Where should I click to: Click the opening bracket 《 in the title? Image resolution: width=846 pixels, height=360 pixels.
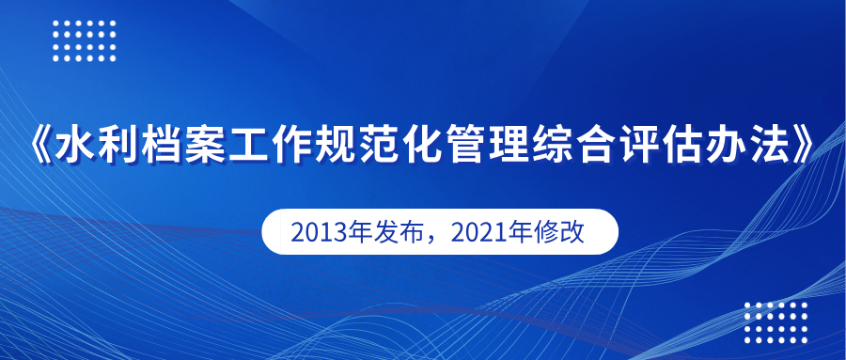click(x=41, y=144)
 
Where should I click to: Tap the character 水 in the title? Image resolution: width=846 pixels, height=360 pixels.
click(x=73, y=144)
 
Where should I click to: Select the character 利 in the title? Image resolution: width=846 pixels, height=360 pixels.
click(x=117, y=144)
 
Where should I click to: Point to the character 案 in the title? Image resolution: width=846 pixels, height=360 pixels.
click(x=204, y=144)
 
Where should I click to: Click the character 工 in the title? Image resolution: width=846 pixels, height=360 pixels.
click(x=247, y=144)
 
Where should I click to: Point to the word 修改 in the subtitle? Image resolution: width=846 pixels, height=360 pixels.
click(x=566, y=232)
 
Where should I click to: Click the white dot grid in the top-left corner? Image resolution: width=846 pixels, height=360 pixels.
click(x=85, y=41)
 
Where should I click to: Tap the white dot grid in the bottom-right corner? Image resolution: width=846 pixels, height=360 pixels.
click(x=776, y=322)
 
